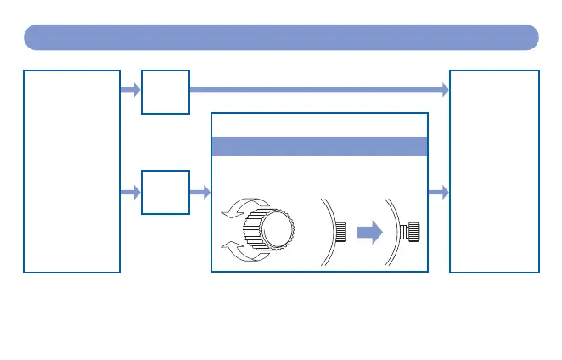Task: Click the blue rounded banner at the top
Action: point(281,37)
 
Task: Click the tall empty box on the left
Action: point(71,171)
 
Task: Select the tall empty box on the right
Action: point(493,171)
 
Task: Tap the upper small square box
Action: point(166,92)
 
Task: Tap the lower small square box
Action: point(166,193)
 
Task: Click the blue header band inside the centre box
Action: point(318,146)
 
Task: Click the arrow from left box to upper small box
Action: point(130,89)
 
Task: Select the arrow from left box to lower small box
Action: point(130,194)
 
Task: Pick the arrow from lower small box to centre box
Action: point(200,194)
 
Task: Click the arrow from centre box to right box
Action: point(438,194)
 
